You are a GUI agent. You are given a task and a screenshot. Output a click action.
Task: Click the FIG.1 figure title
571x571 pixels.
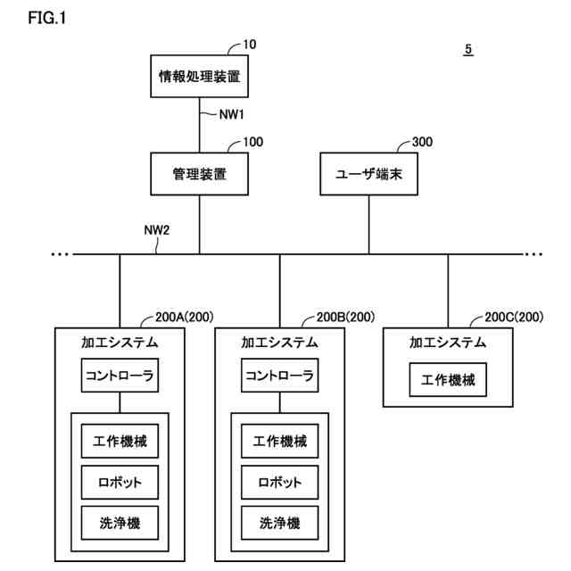pos(47,18)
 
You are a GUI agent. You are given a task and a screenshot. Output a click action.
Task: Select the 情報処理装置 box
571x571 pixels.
pos(200,77)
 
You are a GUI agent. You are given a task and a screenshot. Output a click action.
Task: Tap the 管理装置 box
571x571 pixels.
pos(200,174)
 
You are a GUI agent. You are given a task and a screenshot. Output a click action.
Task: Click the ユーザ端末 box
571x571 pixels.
pos(368,174)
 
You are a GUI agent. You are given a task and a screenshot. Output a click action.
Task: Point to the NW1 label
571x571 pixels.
pos(232,115)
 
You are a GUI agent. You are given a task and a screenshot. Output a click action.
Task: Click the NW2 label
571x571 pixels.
pos(157,230)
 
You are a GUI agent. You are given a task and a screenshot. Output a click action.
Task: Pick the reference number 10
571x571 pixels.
pos(250,45)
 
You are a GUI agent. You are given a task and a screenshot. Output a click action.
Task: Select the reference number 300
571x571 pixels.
pos(422,142)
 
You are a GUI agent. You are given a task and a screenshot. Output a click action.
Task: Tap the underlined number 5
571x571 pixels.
pos(468,50)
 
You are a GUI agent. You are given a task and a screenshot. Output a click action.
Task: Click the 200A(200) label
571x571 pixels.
pos(185,318)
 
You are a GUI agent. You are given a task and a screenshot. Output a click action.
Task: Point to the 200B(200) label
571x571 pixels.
pos(345,318)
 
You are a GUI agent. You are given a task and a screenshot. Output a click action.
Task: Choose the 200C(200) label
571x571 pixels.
pos(514,318)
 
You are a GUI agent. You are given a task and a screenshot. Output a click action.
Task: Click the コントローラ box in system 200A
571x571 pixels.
pos(120,376)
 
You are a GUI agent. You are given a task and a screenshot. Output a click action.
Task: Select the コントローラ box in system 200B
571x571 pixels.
pos(279,376)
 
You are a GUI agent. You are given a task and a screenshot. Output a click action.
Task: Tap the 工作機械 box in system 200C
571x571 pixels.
pos(448,380)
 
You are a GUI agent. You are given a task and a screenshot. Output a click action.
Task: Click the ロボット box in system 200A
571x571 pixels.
pos(120,482)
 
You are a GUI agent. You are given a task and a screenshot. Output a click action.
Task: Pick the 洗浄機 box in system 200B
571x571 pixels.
pos(279,523)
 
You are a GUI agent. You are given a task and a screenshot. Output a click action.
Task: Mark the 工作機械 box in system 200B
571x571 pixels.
pos(279,441)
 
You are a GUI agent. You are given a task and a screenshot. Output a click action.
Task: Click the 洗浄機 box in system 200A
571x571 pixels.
pos(120,523)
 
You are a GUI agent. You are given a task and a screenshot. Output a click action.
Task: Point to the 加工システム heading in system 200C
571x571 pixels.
pos(448,343)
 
